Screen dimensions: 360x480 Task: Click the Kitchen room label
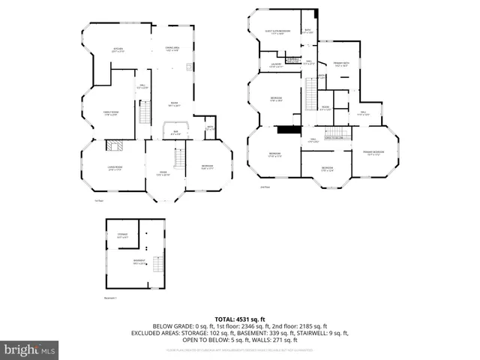pos(118,51)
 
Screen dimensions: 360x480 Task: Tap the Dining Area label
pos(172,49)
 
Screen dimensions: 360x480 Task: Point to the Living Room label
pos(115,169)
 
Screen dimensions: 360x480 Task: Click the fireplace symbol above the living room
pos(114,146)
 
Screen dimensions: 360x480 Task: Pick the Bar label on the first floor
pos(175,133)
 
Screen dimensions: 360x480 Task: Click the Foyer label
pos(163,173)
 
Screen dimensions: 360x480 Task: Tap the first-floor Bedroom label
pos(207,167)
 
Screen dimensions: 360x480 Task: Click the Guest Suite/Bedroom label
pos(278,32)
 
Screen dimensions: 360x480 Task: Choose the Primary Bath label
pos(342,65)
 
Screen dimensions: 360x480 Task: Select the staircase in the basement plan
pos(157,264)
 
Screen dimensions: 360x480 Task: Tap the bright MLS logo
pos(30,349)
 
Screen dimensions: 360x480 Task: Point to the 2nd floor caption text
pos(264,187)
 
